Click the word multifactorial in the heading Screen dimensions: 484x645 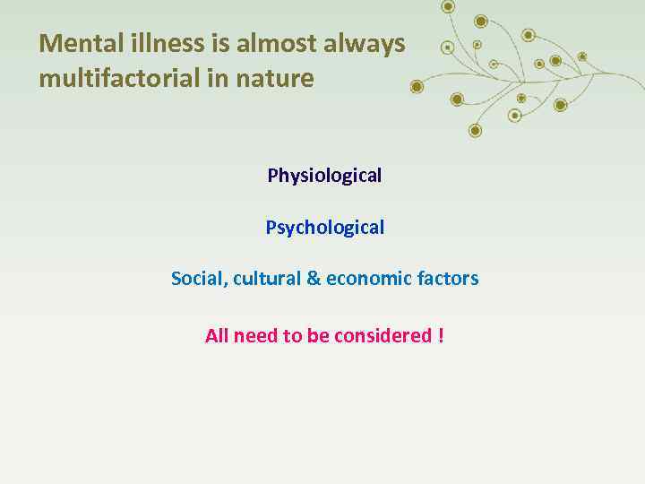pyautogui.click(x=119, y=79)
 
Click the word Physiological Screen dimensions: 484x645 pyautogui.click(x=324, y=176)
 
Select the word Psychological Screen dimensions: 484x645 pyautogui.click(x=324, y=228)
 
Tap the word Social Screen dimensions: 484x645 pyautogui.click(x=198, y=279)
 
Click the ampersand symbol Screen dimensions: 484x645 pyautogui.click(x=314, y=279)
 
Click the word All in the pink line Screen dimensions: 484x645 pyautogui.click(x=217, y=336)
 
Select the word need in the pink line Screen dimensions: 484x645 pyautogui.click(x=255, y=336)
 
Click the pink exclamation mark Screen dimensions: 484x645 pyautogui.click(x=441, y=336)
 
